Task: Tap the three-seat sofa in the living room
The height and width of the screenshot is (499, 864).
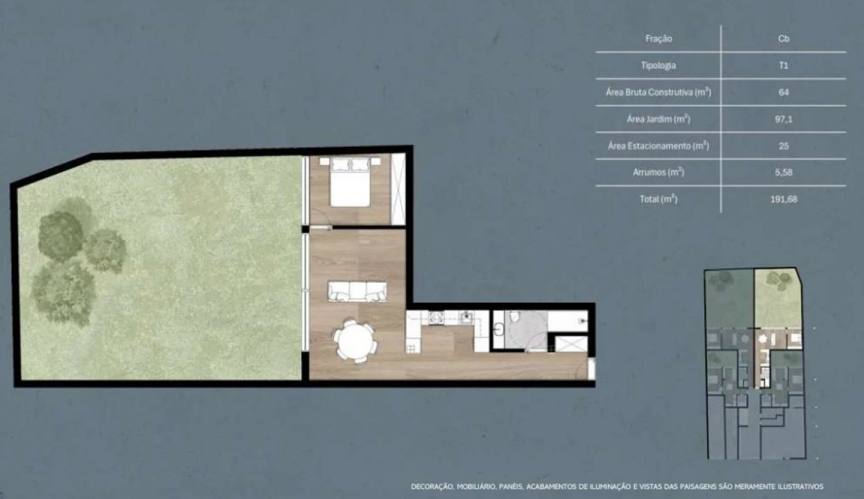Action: click(x=357, y=291)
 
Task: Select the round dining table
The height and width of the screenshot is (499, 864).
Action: click(x=355, y=340)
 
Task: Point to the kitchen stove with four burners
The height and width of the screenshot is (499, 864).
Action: click(x=437, y=317)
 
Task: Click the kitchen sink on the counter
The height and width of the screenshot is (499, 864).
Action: click(x=466, y=317)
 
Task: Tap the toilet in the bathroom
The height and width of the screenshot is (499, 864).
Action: click(x=514, y=317)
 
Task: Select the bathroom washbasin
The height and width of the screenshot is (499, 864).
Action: click(x=499, y=329)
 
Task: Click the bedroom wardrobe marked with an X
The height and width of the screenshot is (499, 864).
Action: click(x=398, y=189)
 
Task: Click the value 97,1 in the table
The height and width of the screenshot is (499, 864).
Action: click(x=783, y=119)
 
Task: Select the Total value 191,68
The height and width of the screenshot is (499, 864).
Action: click(x=783, y=199)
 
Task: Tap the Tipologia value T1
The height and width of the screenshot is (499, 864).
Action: click(x=783, y=66)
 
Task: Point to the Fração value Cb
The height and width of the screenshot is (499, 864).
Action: click(x=783, y=39)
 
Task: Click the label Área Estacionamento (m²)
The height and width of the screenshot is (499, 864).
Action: click(x=659, y=146)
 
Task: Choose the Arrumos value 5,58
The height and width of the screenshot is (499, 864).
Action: click(x=783, y=173)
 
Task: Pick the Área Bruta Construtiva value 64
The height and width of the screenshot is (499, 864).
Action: click(x=783, y=92)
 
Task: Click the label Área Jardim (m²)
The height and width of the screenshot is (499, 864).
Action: click(x=659, y=119)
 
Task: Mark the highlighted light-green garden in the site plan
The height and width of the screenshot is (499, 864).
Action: click(x=777, y=298)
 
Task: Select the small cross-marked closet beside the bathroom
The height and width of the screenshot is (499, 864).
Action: click(x=571, y=344)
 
